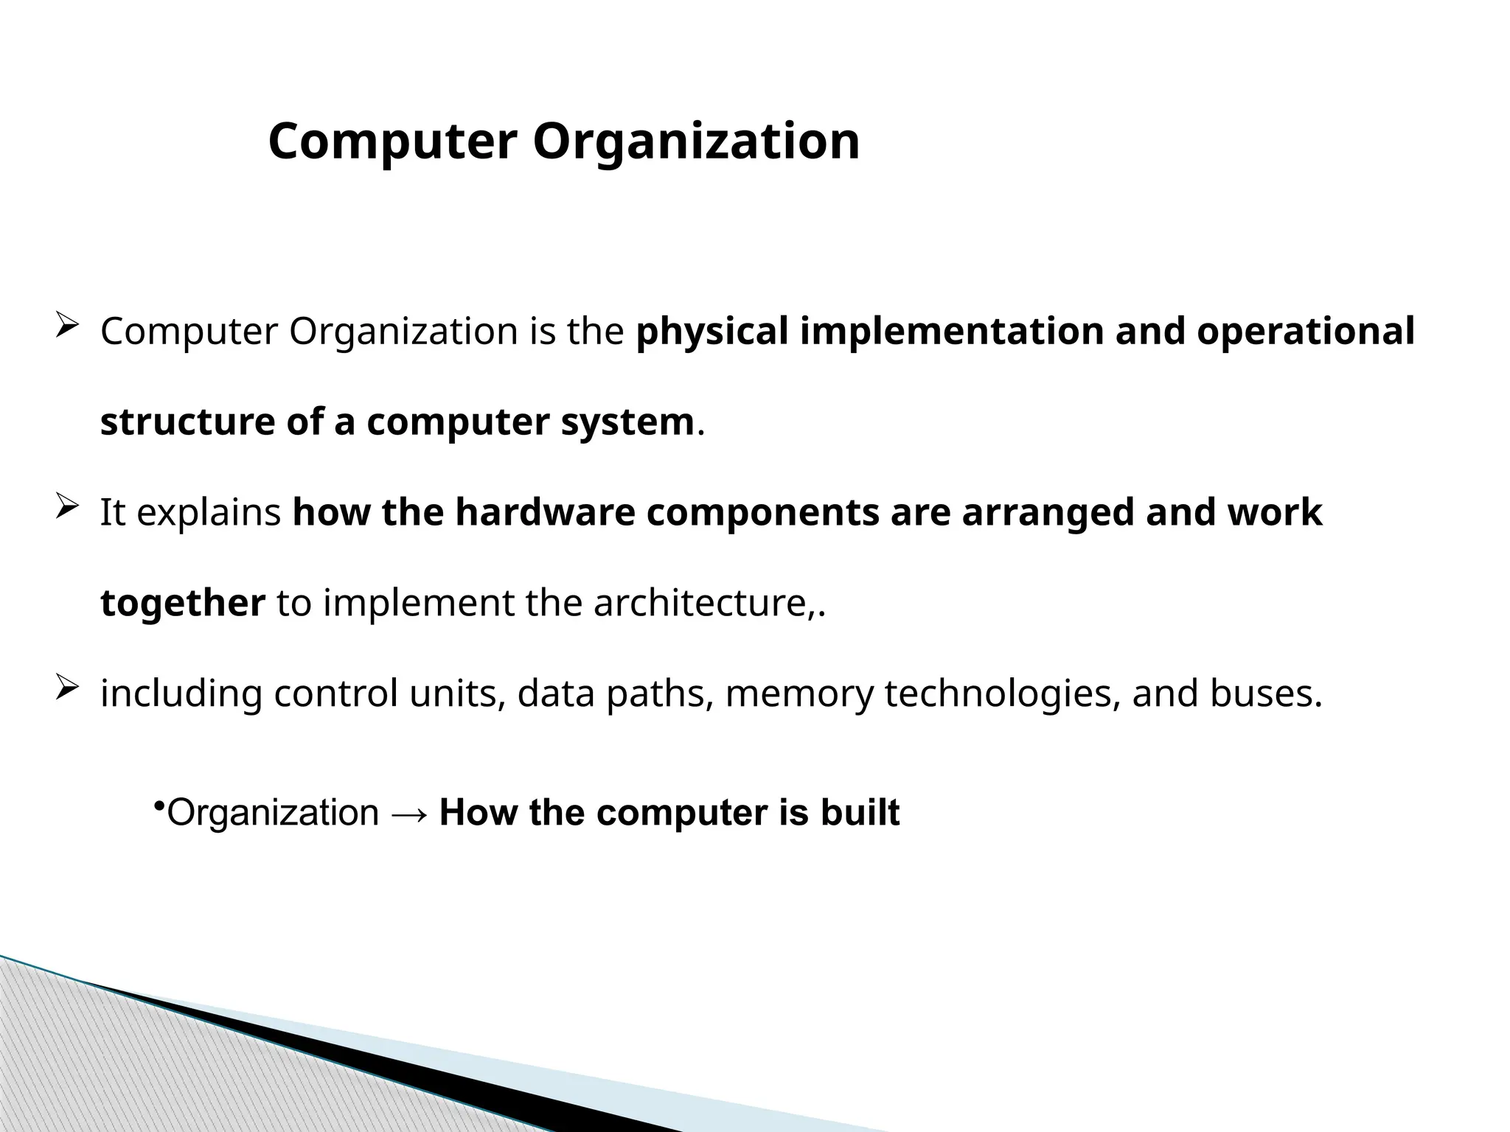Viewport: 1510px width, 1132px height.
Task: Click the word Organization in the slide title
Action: tap(695, 141)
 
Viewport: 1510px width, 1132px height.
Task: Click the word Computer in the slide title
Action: tap(392, 141)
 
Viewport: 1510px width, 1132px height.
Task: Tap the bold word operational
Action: tap(1306, 331)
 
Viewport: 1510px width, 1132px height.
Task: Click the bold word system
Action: tap(627, 422)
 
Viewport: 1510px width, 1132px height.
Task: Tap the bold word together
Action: tap(182, 603)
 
